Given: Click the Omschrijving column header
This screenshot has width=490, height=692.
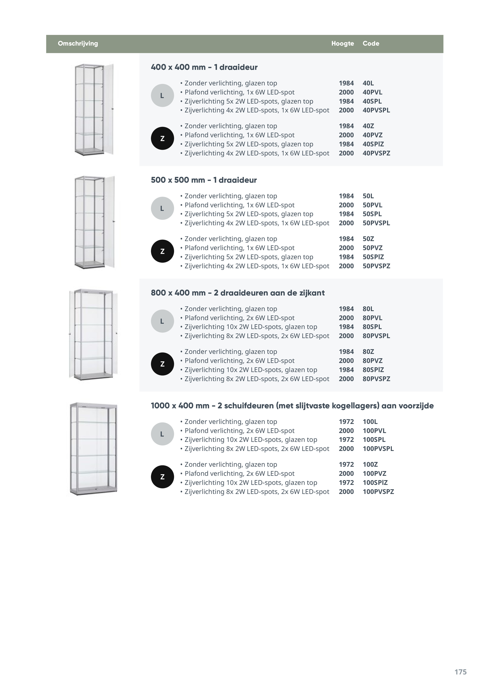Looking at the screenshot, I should [x=78, y=43].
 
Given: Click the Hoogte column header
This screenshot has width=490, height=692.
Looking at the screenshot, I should [x=342, y=43].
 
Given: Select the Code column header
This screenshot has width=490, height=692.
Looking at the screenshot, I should [x=371, y=43].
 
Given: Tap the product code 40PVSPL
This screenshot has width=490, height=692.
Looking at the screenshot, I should [x=376, y=110].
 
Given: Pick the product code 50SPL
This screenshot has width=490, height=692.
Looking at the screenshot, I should [x=372, y=214].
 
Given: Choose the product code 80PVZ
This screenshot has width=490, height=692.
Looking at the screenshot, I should [x=372, y=361].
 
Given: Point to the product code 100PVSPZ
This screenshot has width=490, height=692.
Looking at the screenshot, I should [x=378, y=492].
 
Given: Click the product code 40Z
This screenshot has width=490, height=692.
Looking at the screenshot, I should [x=368, y=126].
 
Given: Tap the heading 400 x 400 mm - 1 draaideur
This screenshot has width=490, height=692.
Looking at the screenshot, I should [x=204, y=67].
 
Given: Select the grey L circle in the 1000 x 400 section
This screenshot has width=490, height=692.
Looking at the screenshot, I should [x=162, y=434].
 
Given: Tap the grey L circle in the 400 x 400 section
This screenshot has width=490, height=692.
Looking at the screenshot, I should [x=162, y=95].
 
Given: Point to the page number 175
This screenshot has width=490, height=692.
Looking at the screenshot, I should [x=460, y=672].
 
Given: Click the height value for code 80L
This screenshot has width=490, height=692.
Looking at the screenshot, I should [x=346, y=309].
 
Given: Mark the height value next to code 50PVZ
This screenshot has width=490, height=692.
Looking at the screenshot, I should [x=346, y=248].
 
